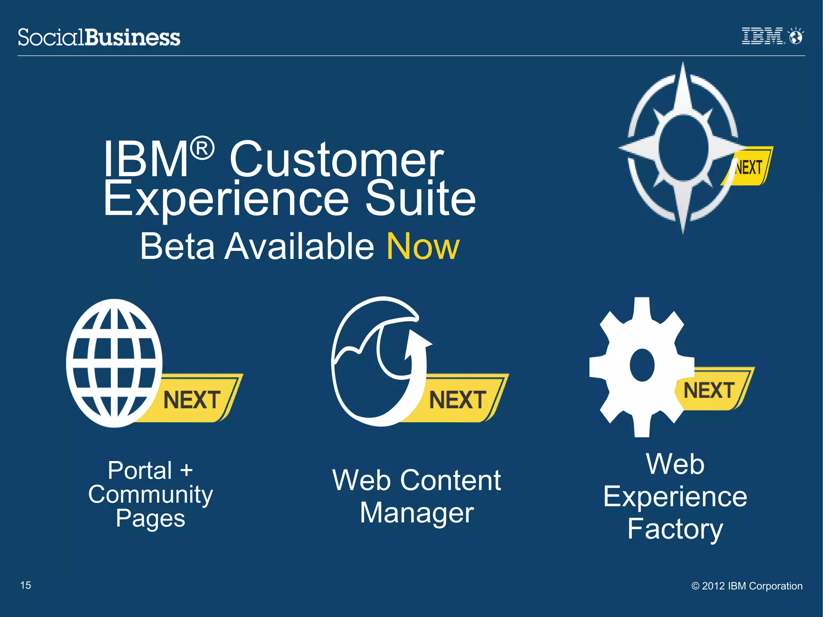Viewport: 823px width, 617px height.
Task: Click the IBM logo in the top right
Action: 762,36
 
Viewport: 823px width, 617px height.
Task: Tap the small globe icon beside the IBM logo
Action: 795,37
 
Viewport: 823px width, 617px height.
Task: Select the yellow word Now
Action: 423,246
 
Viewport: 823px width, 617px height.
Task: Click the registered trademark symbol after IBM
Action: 202,148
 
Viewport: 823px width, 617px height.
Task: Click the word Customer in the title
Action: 337,160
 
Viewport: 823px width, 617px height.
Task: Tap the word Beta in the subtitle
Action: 177,246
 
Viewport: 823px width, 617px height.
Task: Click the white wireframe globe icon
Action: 114,363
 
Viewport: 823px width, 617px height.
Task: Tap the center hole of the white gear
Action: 642,365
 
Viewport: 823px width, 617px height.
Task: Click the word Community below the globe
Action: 150,495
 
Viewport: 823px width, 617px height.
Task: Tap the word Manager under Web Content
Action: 417,513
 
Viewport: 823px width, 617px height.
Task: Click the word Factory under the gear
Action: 675,529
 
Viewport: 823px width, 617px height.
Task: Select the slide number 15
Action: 26,585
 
